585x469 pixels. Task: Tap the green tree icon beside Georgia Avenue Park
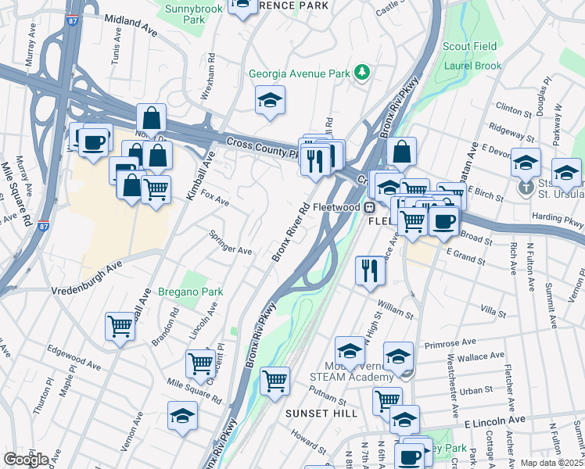click(x=361, y=73)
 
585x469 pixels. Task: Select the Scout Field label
click(x=469, y=47)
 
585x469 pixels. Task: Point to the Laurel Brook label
click(x=473, y=66)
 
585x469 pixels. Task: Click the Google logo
click(x=25, y=459)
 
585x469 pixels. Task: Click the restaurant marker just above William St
click(x=370, y=270)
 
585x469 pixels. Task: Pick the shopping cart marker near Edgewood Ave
click(x=120, y=326)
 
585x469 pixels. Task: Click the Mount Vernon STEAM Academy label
click(x=366, y=372)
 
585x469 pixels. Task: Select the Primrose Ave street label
click(x=450, y=342)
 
